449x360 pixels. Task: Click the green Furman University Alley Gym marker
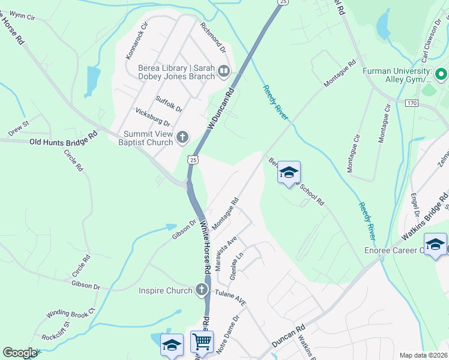(x=441, y=75)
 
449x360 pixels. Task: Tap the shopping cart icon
(x=202, y=342)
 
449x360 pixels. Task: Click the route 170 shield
(x=411, y=103)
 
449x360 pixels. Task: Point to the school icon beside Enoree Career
(x=435, y=244)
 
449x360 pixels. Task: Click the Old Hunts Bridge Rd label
(x=63, y=140)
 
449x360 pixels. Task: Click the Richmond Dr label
(x=212, y=36)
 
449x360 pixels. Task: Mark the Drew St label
(x=19, y=127)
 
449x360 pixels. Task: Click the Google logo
(x=20, y=352)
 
